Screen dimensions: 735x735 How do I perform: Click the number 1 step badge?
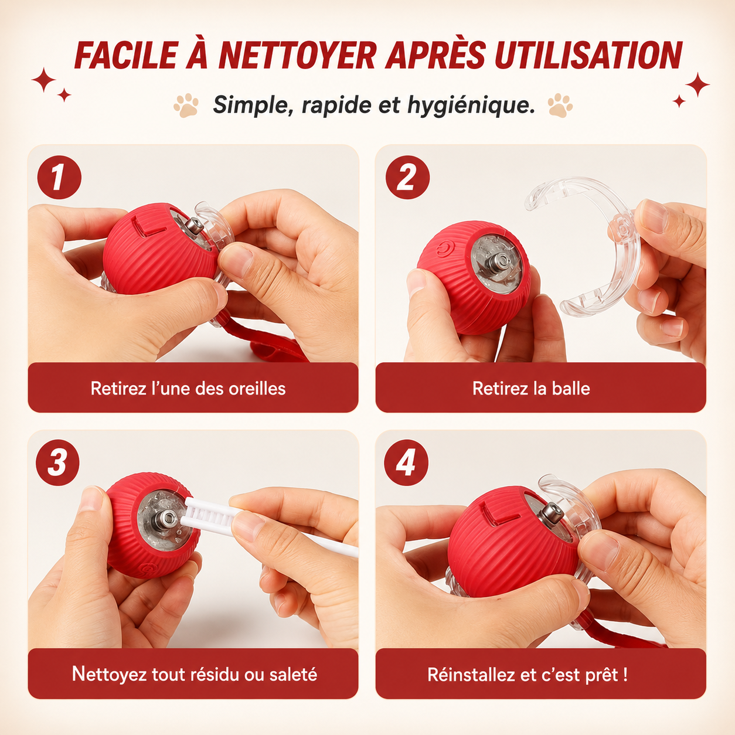point(59,178)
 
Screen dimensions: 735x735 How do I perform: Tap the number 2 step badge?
point(407,178)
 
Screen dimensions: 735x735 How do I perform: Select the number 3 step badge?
point(57,463)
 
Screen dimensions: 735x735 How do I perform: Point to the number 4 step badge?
point(406,463)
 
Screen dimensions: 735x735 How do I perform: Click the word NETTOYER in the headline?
point(298,55)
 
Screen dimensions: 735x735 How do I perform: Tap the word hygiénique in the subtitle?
point(470,105)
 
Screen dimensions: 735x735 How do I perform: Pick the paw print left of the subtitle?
point(186,105)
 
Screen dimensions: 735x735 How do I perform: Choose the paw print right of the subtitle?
point(560,105)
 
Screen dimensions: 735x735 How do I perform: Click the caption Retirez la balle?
point(531,389)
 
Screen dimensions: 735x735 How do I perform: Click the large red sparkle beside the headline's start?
point(43,80)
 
